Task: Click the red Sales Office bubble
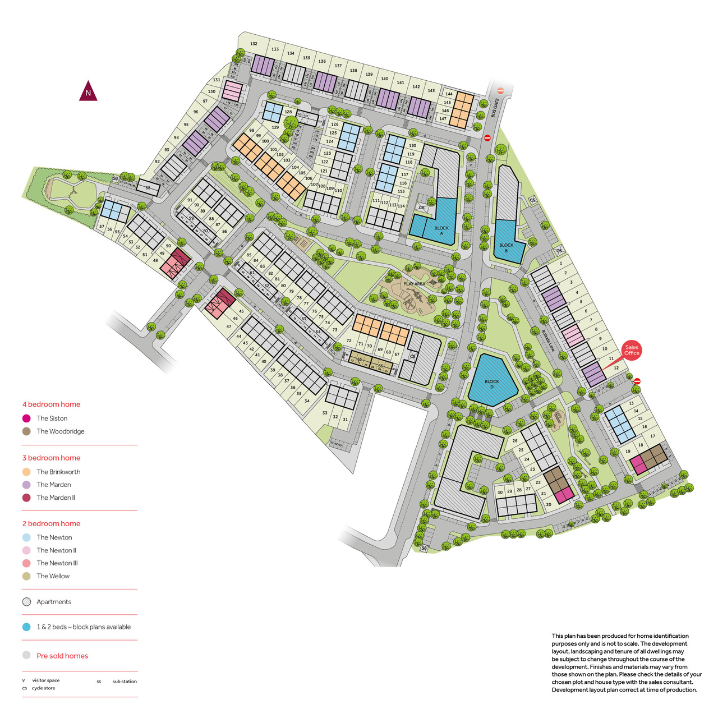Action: pos(632,350)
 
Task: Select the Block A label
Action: pos(441,230)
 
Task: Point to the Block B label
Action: pos(506,247)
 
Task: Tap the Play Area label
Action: pos(415,284)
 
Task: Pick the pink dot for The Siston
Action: pos(26,418)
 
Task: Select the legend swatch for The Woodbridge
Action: pos(26,431)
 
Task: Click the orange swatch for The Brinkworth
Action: pos(26,472)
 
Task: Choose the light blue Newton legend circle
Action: pos(26,537)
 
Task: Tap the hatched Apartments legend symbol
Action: pos(26,602)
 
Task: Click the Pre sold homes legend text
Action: pos(62,656)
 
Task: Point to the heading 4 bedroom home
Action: pos(51,404)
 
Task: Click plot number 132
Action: pos(254,44)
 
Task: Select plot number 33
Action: pos(325,413)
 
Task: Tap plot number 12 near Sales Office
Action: pos(616,368)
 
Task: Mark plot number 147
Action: pos(443,118)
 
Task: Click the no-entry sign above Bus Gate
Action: pos(501,90)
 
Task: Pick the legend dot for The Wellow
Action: pos(26,576)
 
